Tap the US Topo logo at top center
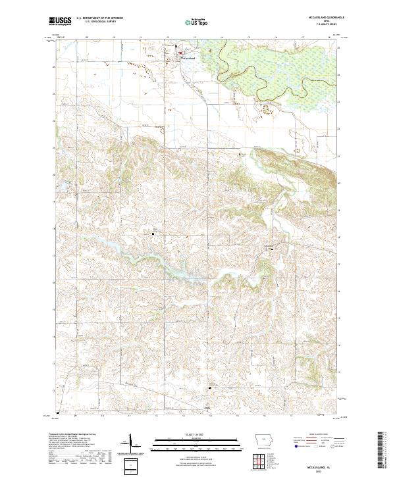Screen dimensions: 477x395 (196, 21)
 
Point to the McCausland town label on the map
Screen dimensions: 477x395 (188, 59)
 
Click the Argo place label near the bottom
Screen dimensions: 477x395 (207, 409)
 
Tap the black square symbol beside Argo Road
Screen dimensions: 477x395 (210, 388)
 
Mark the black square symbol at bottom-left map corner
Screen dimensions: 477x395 (57, 413)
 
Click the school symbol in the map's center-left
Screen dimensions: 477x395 (155, 232)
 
